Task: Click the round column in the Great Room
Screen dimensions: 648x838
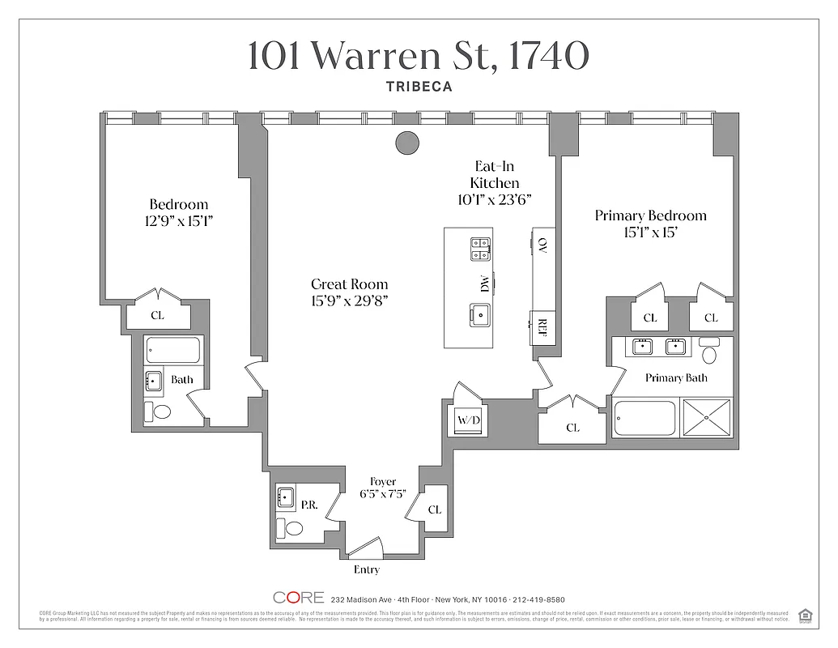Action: pos(407,143)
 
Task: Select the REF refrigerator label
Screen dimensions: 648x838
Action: pos(542,327)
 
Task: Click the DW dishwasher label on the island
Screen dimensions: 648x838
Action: pos(484,284)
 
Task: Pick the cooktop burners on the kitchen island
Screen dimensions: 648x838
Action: pos(479,249)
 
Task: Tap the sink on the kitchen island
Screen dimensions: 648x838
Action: pos(479,314)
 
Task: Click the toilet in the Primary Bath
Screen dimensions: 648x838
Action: pos(710,352)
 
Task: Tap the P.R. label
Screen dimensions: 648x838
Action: pos(308,504)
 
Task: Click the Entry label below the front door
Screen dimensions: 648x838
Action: pos(366,569)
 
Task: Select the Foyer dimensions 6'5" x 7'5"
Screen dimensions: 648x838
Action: pos(383,495)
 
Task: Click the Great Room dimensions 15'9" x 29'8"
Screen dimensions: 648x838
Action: pos(350,300)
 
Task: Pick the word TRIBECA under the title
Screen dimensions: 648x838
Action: pos(419,85)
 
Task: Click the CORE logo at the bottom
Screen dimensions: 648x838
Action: pos(298,599)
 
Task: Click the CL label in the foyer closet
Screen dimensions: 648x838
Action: pos(435,509)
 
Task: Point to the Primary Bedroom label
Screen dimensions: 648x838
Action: pos(650,215)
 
